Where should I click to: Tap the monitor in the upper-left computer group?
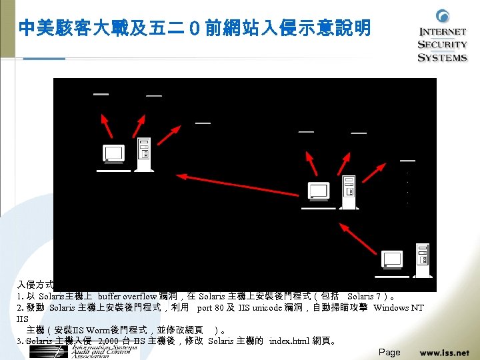113,154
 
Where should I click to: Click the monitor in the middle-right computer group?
318,191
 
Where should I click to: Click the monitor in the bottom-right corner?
391,259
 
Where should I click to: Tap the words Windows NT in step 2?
398,308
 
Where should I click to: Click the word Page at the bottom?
389,352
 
